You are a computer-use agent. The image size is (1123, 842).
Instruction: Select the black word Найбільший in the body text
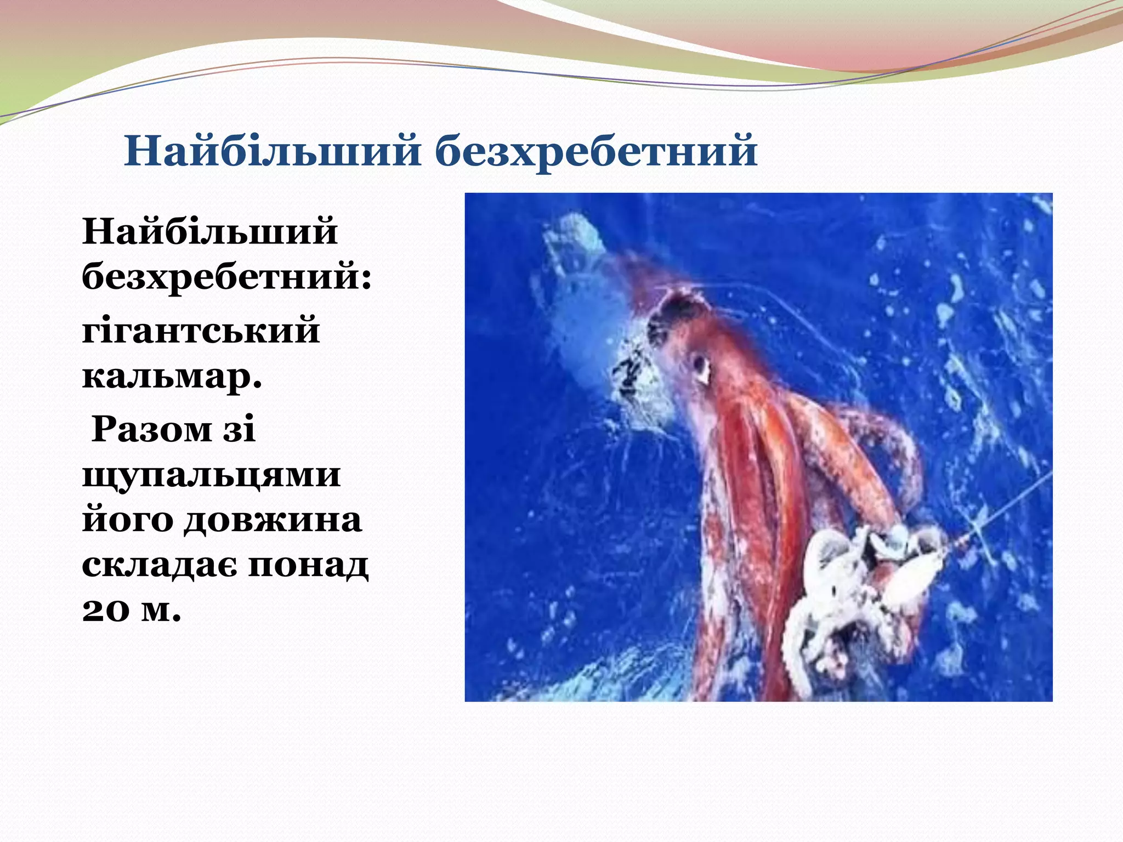(209, 232)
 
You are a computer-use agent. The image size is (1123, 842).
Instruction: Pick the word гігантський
(201, 331)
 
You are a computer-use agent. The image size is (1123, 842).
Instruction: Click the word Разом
(151, 429)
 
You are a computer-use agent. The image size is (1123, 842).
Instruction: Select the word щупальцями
(211, 475)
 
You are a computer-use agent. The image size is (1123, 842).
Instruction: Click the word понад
(308, 565)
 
